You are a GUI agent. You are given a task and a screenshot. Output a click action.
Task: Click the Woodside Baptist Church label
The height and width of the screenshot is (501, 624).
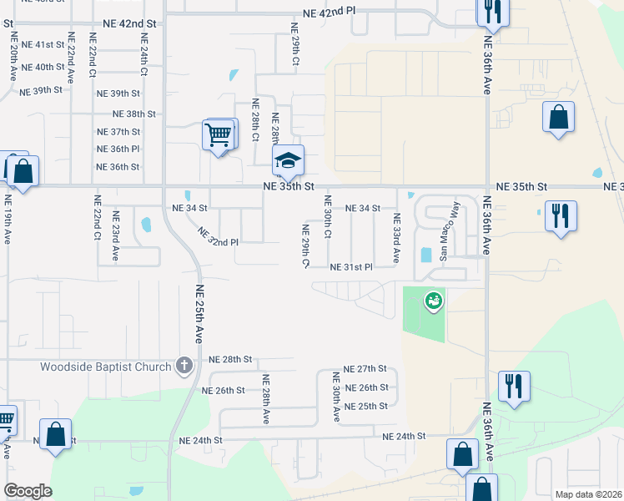[x=105, y=366]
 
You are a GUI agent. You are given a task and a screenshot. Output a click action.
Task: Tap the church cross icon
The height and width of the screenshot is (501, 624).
[x=184, y=365]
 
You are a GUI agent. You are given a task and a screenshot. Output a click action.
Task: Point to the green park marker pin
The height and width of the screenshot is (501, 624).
[x=432, y=301]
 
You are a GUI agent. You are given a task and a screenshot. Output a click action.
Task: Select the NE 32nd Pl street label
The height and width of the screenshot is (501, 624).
[x=218, y=235]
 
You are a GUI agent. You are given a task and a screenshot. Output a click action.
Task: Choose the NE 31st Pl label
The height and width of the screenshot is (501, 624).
[x=351, y=267]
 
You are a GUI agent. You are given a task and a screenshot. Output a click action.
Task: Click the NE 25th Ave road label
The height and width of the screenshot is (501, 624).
[x=199, y=314]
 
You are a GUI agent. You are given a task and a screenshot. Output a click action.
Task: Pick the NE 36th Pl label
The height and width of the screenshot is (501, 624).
[x=118, y=149]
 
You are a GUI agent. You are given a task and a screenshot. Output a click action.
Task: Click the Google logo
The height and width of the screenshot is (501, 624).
[x=28, y=491]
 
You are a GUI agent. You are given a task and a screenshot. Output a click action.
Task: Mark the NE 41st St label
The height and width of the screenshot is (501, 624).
[x=43, y=44]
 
